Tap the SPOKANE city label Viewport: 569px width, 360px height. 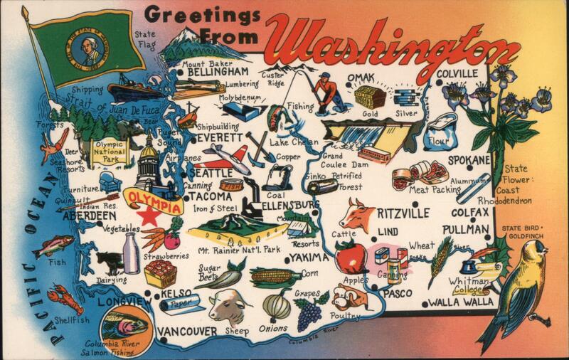(468, 159)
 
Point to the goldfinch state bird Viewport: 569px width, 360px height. (525, 281)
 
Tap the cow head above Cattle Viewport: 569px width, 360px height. (357, 213)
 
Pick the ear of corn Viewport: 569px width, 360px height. (275, 277)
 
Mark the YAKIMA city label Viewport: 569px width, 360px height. (309, 257)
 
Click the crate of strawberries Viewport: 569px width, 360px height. (160, 273)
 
